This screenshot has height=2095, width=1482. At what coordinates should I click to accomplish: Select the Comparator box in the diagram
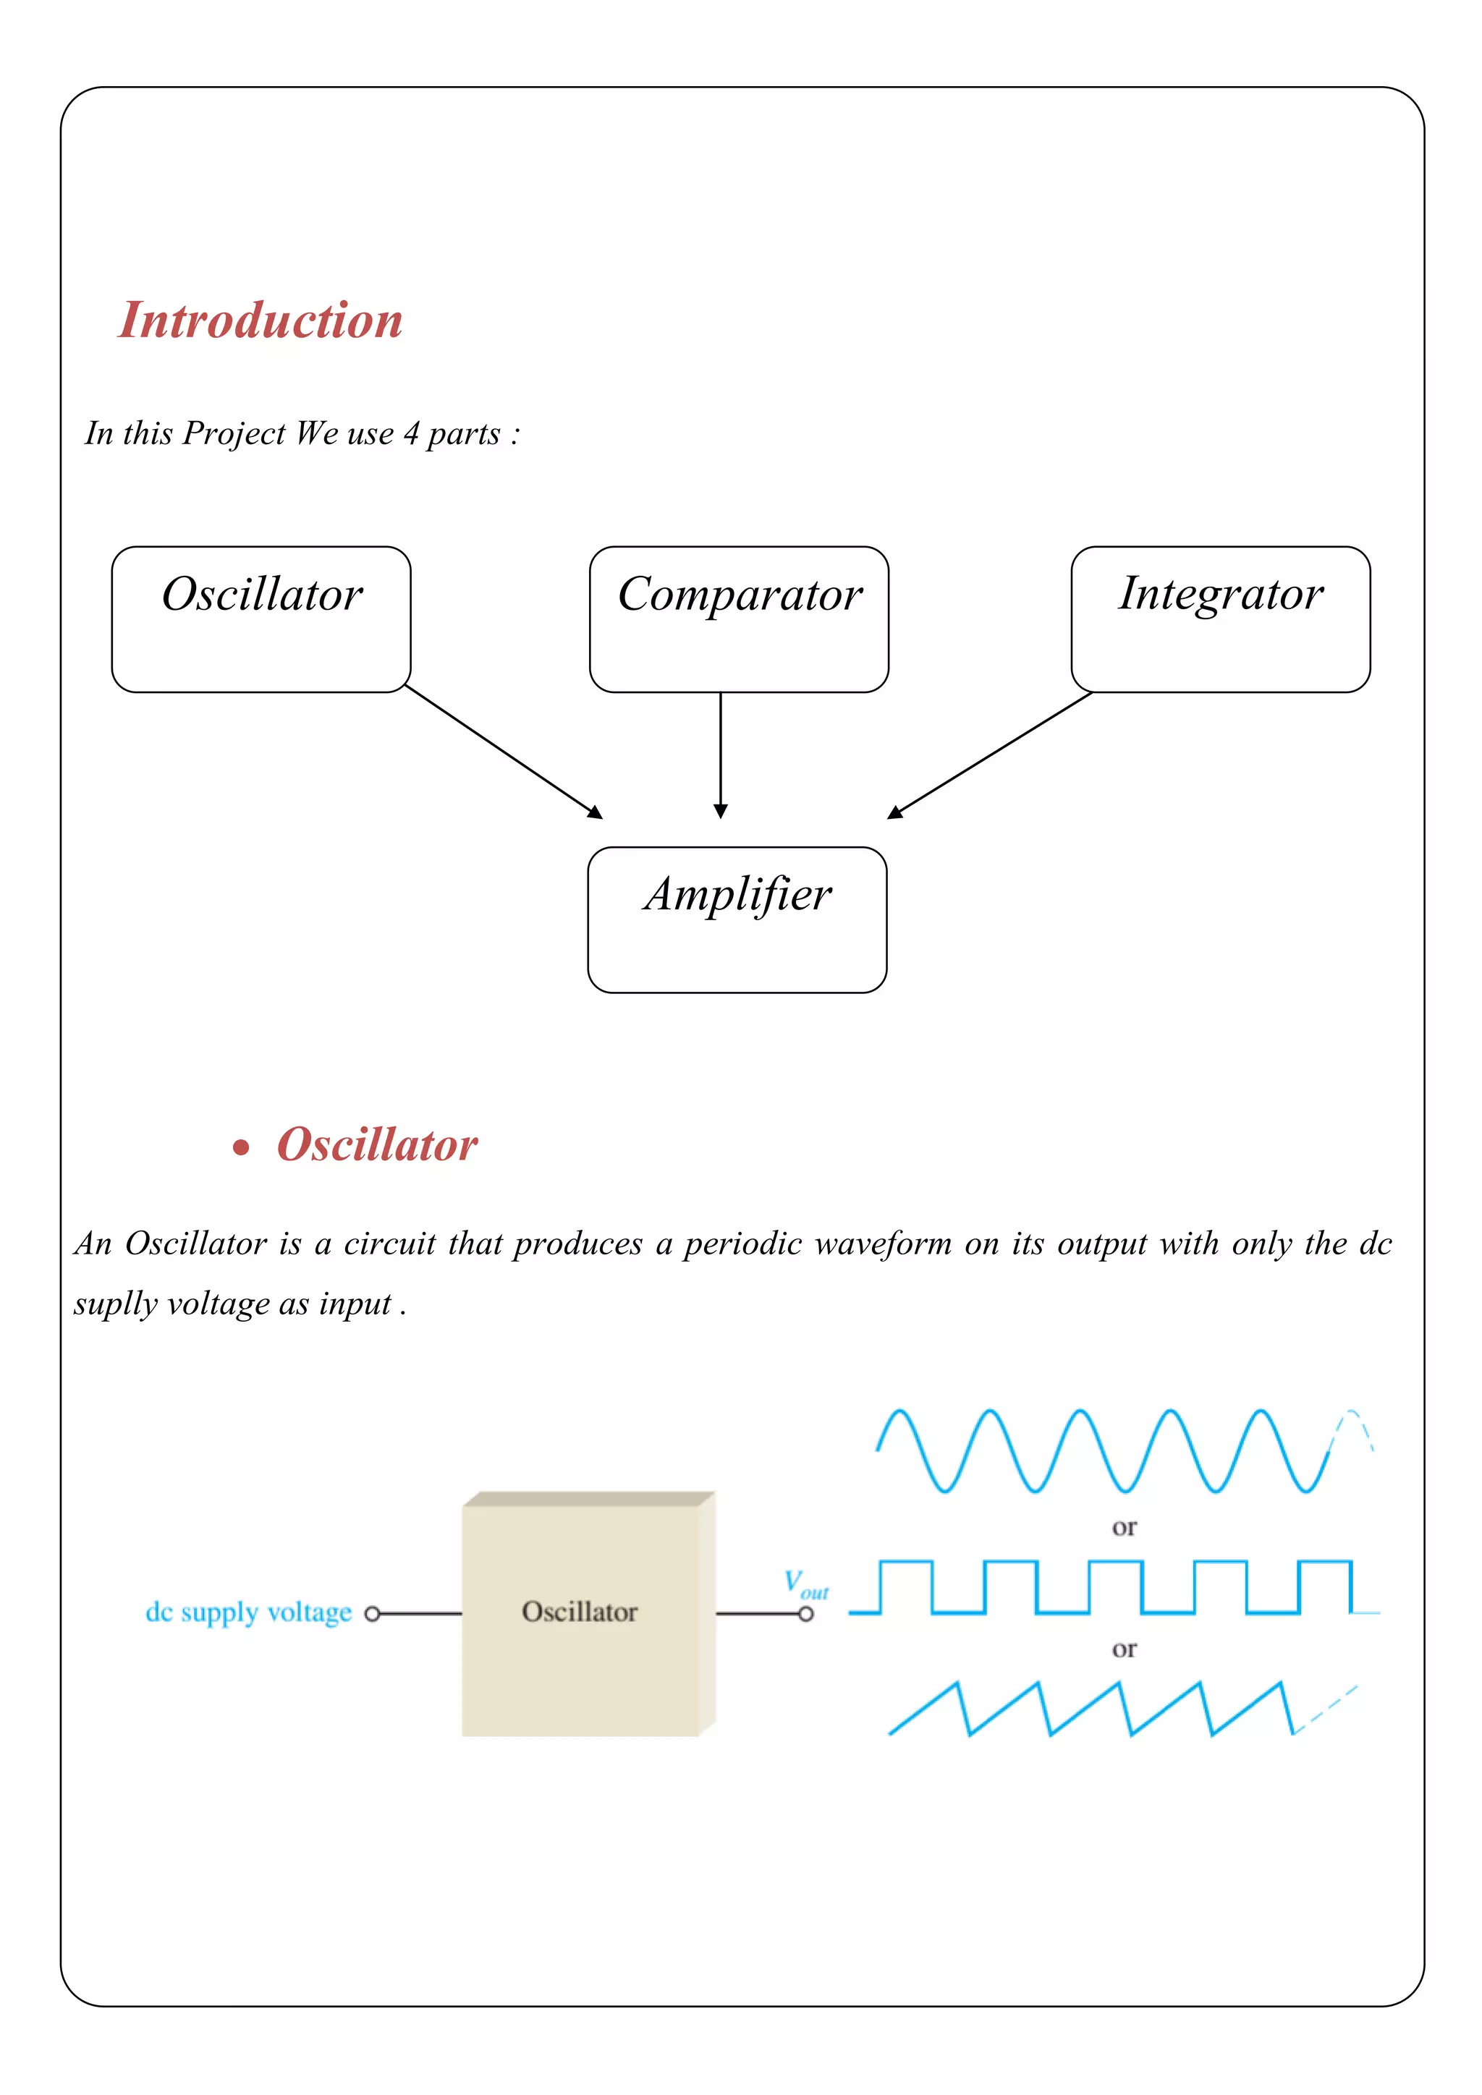pyautogui.click(x=738, y=619)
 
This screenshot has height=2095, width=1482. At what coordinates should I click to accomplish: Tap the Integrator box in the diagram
pyautogui.click(x=1220, y=619)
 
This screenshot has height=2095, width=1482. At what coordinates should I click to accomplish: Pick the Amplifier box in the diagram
pyautogui.click(x=737, y=919)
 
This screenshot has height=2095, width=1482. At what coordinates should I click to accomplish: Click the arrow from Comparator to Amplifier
pyautogui.click(x=720, y=755)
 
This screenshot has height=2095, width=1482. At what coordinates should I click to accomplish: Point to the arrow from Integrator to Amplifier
pyautogui.click(x=990, y=754)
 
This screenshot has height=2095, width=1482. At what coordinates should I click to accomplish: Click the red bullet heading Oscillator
pyautogui.click(x=376, y=1144)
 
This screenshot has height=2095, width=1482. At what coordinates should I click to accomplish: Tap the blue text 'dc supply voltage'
pyautogui.click(x=248, y=1612)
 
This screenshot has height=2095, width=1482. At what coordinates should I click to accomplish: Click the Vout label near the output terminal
pyautogui.click(x=806, y=1585)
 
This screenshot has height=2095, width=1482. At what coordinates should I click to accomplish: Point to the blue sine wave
pyautogui.click(x=1104, y=1451)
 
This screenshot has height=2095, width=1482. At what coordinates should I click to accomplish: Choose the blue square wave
pyautogui.click(x=1114, y=1588)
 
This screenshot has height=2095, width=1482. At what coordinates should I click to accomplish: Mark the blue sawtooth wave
pyautogui.click(x=1095, y=1708)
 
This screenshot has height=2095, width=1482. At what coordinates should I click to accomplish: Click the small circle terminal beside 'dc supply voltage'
pyautogui.click(x=371, y=1614)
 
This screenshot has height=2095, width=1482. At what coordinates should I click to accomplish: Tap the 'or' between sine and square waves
pyautogui.click(x=1125, y=1527)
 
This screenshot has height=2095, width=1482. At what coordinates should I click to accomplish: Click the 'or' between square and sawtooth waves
pyautogui.click(x=1125, y=1649)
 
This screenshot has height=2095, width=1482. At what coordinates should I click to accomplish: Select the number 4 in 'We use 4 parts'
pyautogui.click(x=412, y=433)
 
